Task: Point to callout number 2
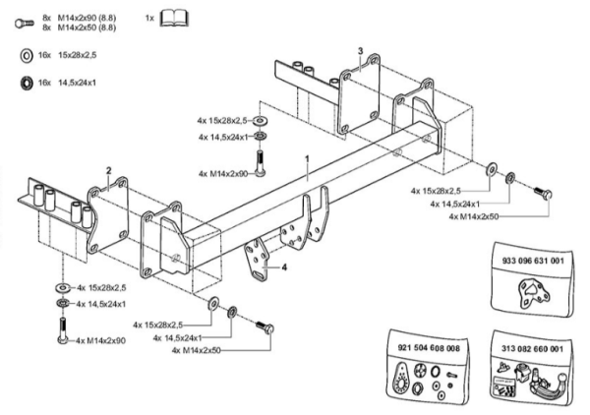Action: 108,169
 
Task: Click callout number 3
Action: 361,50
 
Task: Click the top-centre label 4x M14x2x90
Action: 225,173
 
